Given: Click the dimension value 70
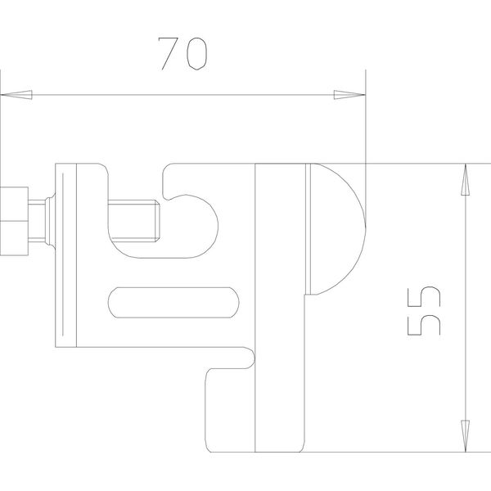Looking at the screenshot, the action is (182, 53).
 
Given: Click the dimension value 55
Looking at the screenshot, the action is (424, 311).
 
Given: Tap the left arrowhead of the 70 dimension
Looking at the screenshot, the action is (16, 95).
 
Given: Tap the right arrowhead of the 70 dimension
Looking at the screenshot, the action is (349, 95).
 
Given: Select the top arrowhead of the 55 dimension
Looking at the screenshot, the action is (466, 179).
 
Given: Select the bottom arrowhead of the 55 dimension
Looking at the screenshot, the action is (466, 436).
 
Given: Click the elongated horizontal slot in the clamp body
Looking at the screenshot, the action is (173, 303).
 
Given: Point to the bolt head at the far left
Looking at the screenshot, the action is (14, 221).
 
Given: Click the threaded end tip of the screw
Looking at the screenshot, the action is (157, 221).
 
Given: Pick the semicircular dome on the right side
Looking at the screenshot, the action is (338, 229).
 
